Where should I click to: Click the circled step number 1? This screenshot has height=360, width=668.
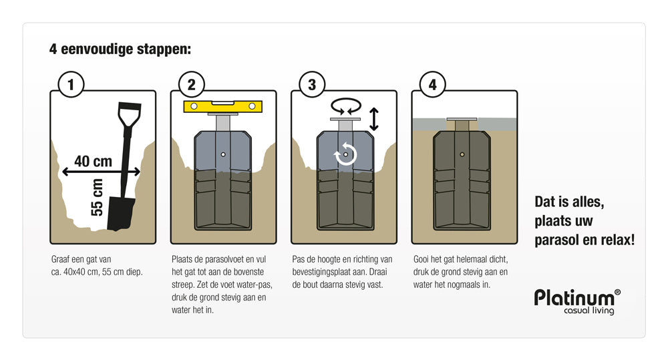click(71, 85)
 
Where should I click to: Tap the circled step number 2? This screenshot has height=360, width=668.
click(191, 85)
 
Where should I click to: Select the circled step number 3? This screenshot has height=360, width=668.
click(311, 85)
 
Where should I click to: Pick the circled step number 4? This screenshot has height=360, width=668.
click(432, 85)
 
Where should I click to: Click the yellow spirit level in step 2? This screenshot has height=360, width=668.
click(223, 106)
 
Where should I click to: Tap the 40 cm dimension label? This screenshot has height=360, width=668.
click(92, 161)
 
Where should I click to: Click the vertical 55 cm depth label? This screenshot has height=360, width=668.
click(98, 198)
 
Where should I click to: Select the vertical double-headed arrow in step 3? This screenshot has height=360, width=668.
click(374, 118)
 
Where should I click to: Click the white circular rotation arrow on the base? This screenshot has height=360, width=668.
click(345, 154)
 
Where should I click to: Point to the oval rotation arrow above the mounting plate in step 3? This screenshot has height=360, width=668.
click(346, 106)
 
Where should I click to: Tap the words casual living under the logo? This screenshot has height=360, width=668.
click(589, 311)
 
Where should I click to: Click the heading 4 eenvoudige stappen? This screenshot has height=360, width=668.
click(120, 49)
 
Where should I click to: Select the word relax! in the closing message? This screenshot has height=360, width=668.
click(615, 240)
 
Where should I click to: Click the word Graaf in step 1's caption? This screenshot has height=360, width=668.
click(61, 259)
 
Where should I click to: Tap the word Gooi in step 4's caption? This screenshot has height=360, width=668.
click(422, 259)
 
